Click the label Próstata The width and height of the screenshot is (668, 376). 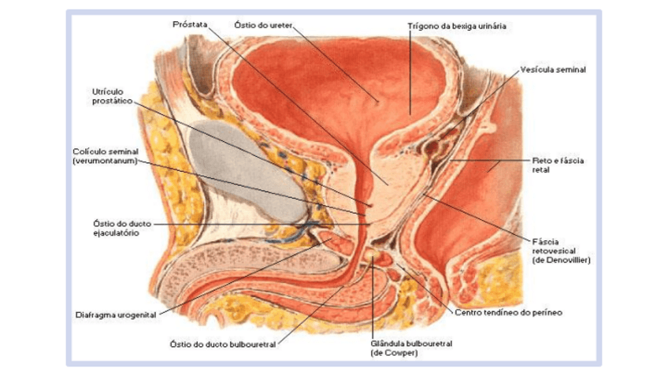tap(190, 24)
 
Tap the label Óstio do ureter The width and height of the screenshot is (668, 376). tap(264, 24)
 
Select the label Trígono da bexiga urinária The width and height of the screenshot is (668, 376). tap(456, 26)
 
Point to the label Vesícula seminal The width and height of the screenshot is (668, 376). tap(552, 69)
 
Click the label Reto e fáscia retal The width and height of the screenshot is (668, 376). tap(557, 164)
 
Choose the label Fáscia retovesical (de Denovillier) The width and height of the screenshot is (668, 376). tap(561, 250)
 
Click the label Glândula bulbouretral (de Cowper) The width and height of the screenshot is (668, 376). tap(410, 348)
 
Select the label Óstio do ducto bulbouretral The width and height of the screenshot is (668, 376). tap(223, 344)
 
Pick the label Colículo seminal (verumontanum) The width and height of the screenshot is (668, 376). tap(105, 156)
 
